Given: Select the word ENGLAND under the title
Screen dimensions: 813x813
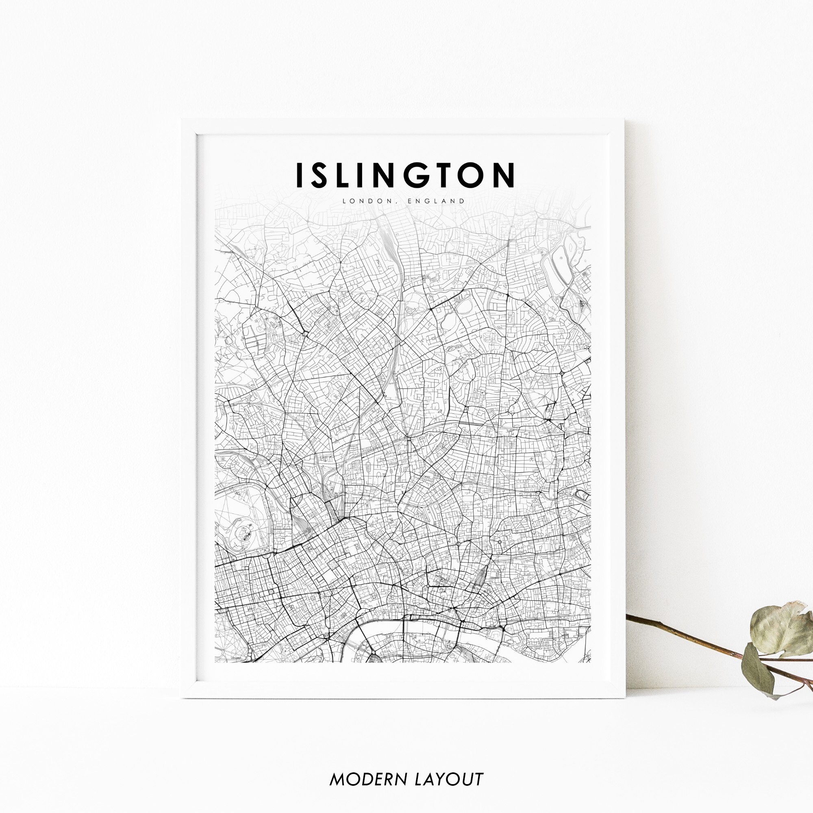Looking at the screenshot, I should [436, 201].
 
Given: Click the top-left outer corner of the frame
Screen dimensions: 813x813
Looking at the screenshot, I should [181, 120].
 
